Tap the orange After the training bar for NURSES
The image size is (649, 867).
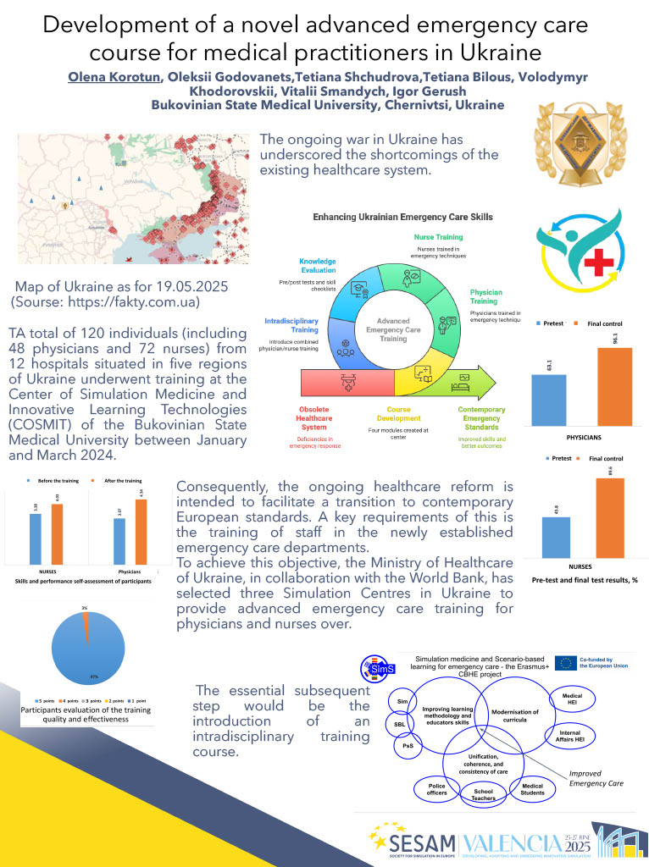coord(57,533)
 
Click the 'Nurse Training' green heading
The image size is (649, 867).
coord(438,238)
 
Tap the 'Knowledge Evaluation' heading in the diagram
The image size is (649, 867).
coord(318,267)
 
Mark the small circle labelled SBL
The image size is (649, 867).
coord(399,725)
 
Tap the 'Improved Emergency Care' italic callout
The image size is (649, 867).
coord(596,778)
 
